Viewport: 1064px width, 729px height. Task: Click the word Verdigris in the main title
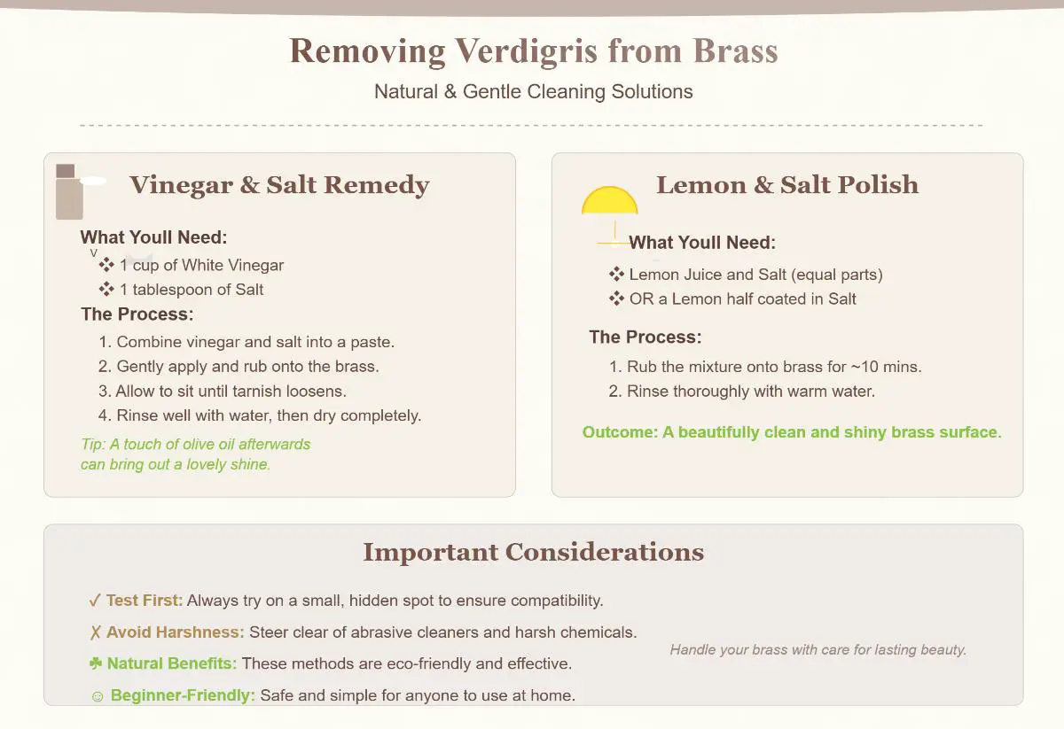click(x=527, y=51)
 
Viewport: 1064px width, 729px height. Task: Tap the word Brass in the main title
click(x=735, y=50)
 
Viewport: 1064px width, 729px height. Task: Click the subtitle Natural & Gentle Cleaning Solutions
click(x=534, y=91)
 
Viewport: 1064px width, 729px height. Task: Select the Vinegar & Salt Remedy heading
click(x=279, y=185)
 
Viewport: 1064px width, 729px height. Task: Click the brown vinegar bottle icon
click(x=69, y=191)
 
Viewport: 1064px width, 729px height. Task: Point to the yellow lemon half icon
click(x=610, y=201)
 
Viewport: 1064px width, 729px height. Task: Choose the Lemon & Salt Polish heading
click(x=787, y=184)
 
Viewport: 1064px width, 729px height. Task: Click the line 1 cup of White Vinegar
click(x=201, y=266)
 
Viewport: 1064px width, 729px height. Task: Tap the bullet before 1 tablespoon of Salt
click(x=106, y=289)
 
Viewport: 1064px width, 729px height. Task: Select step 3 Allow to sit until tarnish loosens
click(x=223, y=392)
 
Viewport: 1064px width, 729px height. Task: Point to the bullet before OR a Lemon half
click(x=616, y=299)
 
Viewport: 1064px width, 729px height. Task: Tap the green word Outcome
click(x=620, y=432)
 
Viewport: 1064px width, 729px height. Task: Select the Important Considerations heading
click(x=534, y=552)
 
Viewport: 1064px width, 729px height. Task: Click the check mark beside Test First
click(x=95, y=601)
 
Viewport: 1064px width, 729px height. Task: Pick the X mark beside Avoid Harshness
click(x=96, y=632)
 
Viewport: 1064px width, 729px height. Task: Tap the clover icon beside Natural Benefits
click(x=96, y=663)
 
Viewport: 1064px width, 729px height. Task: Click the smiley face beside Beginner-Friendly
click(x=98, y=696)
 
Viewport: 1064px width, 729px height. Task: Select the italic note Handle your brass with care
click(x=818, y=650)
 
